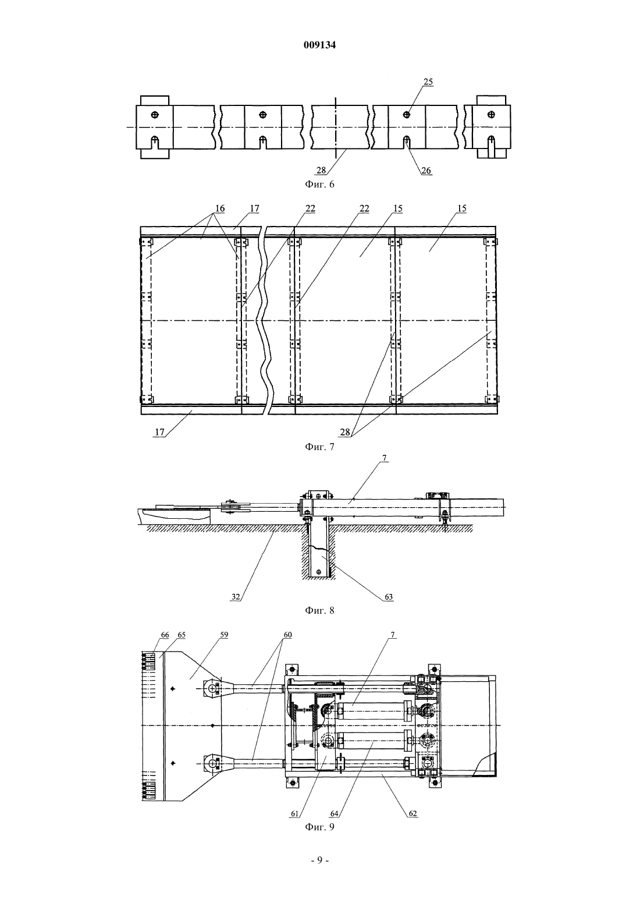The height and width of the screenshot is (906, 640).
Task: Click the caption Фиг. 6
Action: click(319, 185)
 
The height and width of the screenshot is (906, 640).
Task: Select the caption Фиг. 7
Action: click(319, 447)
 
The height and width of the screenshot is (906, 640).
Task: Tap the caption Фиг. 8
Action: click(319, 610)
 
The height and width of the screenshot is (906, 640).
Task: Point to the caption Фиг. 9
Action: click(319, 827)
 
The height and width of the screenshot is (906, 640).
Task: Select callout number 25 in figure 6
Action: click(428, 82)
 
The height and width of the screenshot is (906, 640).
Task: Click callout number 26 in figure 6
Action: click(426, 170)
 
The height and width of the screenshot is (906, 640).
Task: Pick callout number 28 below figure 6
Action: click(321, 170)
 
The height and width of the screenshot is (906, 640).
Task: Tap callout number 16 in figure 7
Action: click(220, 208)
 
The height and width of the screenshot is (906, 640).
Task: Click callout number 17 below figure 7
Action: click(159, 432)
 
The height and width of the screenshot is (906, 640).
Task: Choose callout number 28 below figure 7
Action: click(345, 432)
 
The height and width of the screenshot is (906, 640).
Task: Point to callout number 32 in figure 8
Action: click(236, 597)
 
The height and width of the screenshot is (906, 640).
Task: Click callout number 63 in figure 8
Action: click(388, 597)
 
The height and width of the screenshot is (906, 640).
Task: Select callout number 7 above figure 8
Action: click(384, 458)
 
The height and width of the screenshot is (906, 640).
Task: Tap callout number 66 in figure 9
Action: click(165, 635)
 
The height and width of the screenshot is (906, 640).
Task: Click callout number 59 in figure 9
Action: click(224, 635)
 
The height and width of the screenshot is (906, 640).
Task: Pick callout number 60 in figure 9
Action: click(287, 635)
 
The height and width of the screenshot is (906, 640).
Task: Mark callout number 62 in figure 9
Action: click(413, 814)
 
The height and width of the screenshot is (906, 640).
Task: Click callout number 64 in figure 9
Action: click(334, 814)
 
